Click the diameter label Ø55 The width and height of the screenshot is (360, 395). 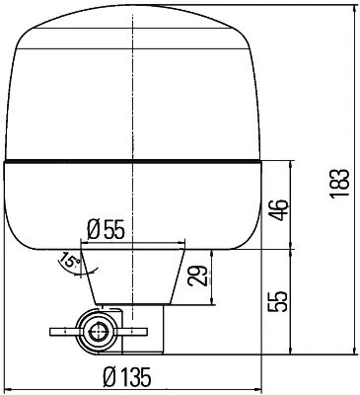(106, 229)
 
